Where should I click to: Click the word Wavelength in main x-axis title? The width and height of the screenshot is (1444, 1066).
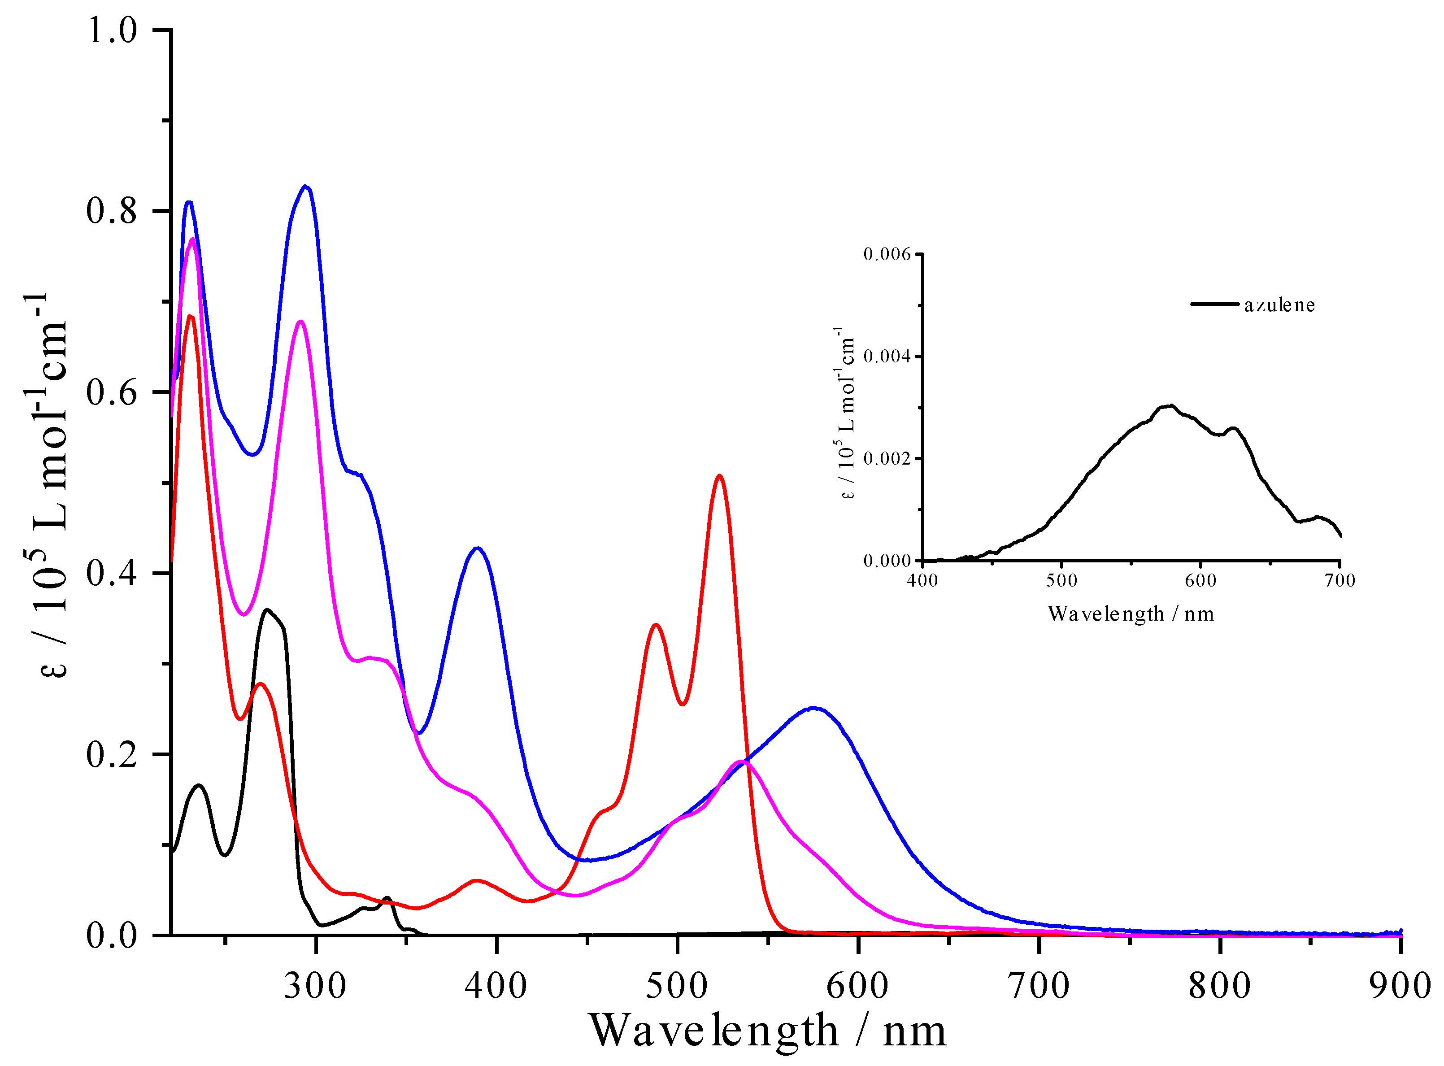713,1031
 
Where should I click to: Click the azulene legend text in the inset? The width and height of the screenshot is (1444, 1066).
1279,305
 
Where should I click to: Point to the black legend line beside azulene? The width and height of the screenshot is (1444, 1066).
1214,304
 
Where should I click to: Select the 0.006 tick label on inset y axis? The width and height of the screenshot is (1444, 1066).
887,254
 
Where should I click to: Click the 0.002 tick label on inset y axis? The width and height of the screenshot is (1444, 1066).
887,459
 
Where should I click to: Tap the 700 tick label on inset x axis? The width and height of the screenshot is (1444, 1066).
1340,581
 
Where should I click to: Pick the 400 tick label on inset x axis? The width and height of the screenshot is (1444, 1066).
922,581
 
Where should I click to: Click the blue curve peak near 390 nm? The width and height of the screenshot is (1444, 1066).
477,548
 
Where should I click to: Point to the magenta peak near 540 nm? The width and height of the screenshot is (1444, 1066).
743,761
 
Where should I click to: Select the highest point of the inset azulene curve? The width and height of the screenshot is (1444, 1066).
1171,406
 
